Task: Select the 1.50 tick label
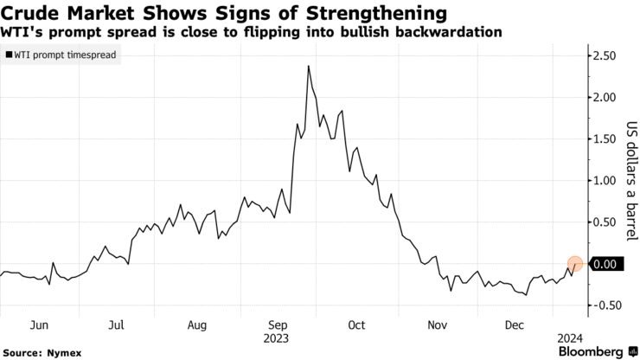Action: click(605, 138)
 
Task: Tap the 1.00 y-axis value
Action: click(605, 180)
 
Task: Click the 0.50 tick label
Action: click(605, 222)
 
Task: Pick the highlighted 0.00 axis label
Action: click(605, 264)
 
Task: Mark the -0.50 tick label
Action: click(603, 305)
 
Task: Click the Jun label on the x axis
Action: click(37, 325)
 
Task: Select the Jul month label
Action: click(116, 325)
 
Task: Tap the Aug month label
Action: click(196, 325)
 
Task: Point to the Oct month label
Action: click(355, 325)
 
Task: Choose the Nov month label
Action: click(436, 325)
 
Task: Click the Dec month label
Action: click(515, 325)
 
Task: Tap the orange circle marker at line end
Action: click(576, 264)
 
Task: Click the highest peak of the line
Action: click(309, 66)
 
